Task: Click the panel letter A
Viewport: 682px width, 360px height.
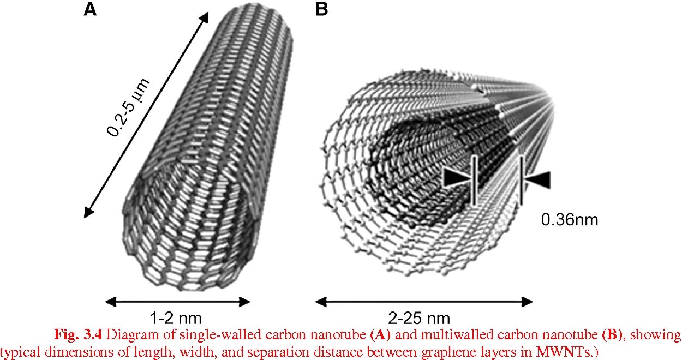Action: click(90, 9)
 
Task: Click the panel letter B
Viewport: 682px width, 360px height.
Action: click(322, 9)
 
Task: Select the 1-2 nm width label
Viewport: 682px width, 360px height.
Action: click(177, 317)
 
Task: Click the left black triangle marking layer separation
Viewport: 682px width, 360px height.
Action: click(457, 178)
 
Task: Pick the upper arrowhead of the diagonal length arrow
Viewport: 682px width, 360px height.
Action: click(204, 17)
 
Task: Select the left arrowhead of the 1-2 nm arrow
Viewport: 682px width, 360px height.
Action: click(110, 302)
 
